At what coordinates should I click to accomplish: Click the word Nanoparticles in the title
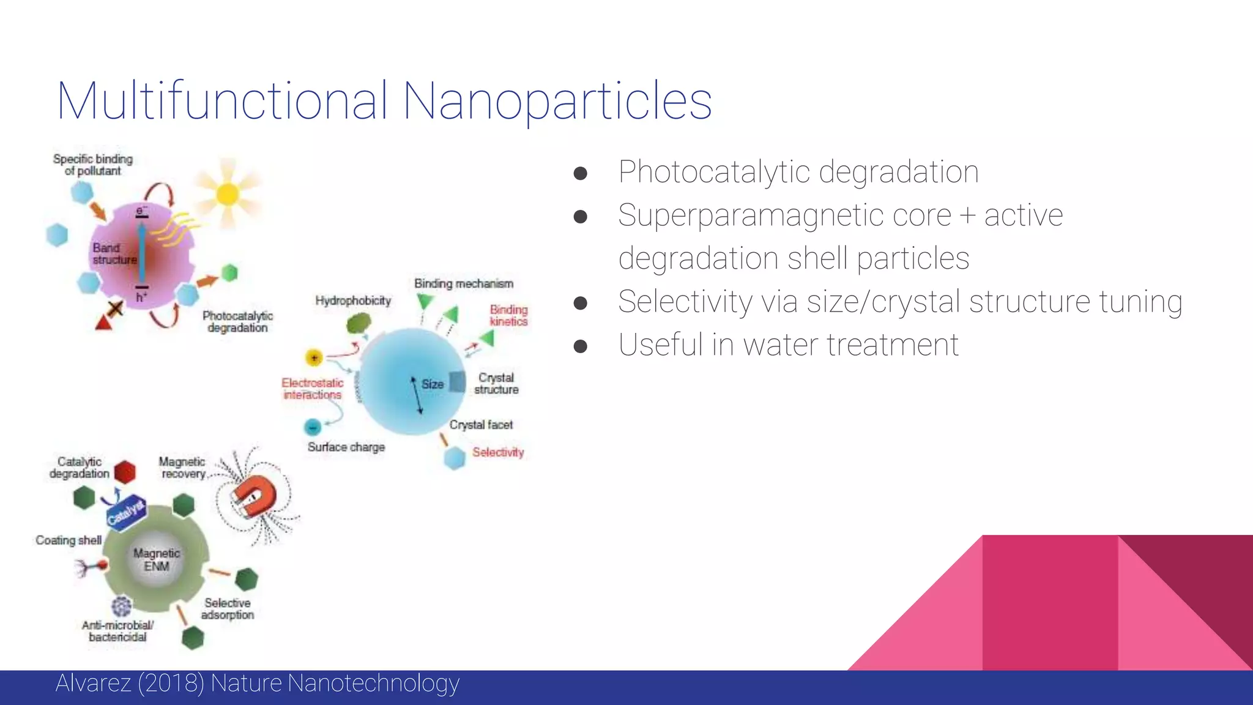[x=557, y=101]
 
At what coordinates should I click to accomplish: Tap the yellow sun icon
[x=228, y=194]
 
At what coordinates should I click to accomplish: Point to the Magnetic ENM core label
[x=157, y=559]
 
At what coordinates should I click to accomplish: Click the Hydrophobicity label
[x=353, y=300]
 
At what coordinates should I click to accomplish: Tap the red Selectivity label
[x=498, y=452]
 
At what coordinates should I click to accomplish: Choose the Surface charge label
[x=346, y=447]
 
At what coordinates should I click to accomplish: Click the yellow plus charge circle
[x=314, y=357]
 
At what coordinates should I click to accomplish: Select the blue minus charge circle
[x=313, y=427]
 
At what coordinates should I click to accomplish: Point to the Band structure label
[x=114, y=253]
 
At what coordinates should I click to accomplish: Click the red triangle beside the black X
[x=104, y=322]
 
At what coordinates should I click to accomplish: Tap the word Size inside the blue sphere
[x=433, y=384]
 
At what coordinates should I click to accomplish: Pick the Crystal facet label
[x=481, y=425]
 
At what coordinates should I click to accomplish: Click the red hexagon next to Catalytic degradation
[x=125, y=472]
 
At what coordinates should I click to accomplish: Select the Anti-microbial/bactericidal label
[x=118, y=631]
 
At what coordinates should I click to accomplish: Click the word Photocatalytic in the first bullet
[x=715, y=172]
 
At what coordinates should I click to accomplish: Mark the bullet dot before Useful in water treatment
[x=581, y=346]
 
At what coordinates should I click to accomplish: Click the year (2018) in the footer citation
[x=171, y=683]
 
